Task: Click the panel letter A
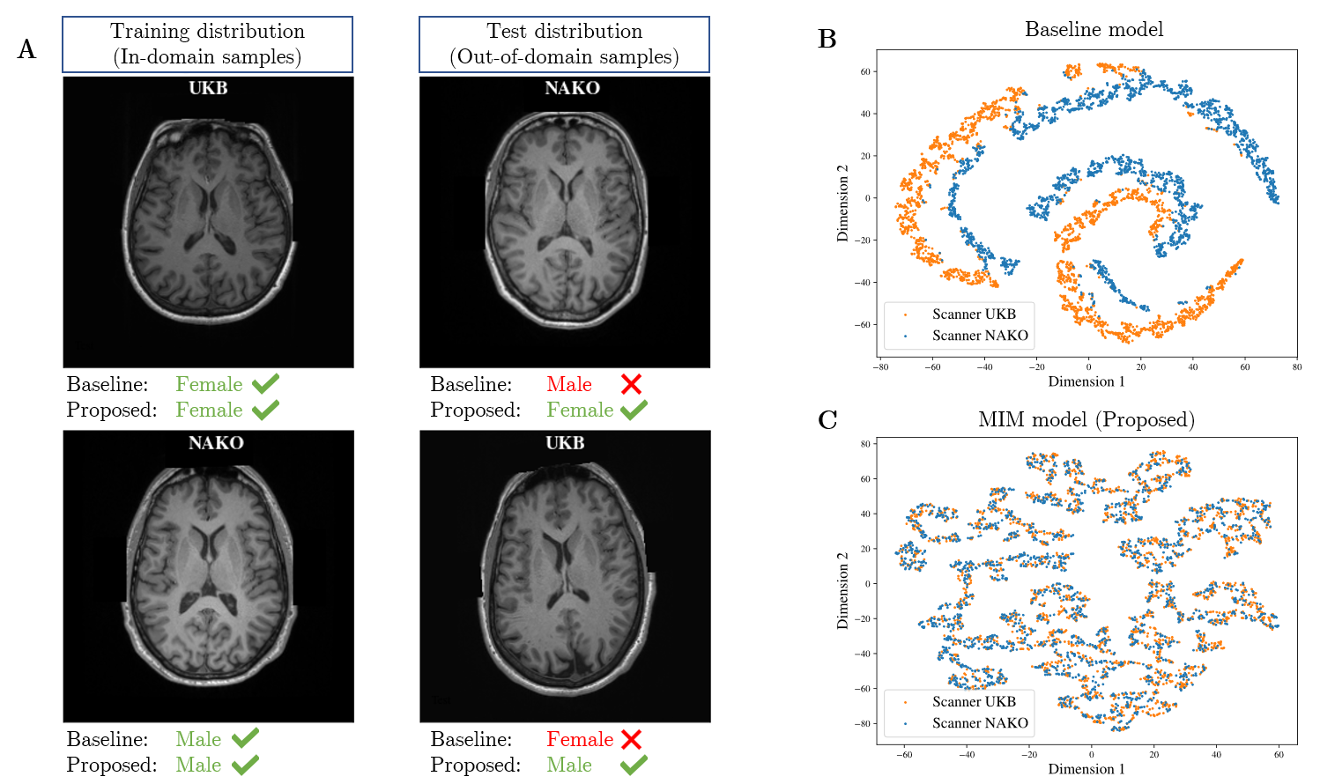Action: [x=26, y=49]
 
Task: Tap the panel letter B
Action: [x=827, y=40]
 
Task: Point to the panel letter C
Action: [x=827, y=420]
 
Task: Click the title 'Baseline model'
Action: [x=1094, y=30]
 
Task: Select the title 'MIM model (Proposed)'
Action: [x=1086, y=419]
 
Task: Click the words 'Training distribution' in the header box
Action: [x=207, y=32]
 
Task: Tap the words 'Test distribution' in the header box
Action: [x=564, y=32]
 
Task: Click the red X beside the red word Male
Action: [x=631, y=384]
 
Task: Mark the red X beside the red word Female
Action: [x=631, y=739]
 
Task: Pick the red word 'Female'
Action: [x=580, y=739]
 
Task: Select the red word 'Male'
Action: [x=569, y=384]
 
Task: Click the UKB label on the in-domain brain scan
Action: [x=208, y=88]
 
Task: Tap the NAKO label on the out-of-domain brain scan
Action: [x=572, y=88]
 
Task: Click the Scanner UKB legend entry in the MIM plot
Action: [x=974, y=702]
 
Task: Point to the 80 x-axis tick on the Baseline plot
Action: [x=1297, y=367]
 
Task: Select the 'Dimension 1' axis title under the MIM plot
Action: [x=1086, y=769]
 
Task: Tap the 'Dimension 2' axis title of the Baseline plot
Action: [x=843, y=203]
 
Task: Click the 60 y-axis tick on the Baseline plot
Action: [x=865, y=72]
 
